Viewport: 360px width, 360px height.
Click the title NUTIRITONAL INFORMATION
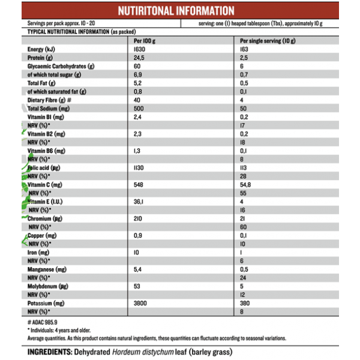176,11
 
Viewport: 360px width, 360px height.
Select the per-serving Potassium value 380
245,304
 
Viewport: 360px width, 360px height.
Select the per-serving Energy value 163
244,49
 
